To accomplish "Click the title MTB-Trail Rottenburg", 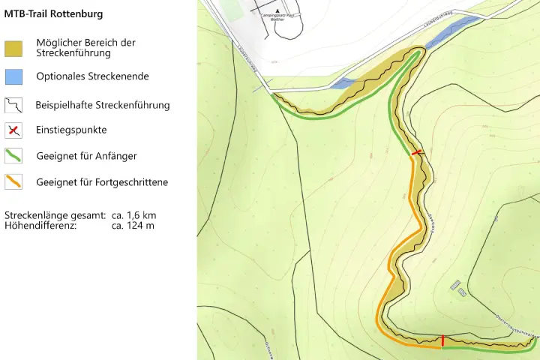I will pyautogui.click(x=54, y=14).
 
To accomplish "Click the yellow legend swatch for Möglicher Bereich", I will pyautogui.click(x=13, y=48).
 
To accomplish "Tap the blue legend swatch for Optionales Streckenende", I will pyautogui.click(x=13, y=76).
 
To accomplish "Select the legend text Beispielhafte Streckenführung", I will pyautogui.click(x=103, y=105).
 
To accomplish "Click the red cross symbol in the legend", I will pyautogui.click(x=13, y=130).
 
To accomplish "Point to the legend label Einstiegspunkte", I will pyautogui.click(x=71, y=130).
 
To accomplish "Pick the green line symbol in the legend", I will pyautogui.click(x=13, y=156).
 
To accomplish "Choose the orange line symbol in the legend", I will pyautogui.click(x=13, y=181).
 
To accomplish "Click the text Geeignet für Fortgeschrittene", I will pyautogui.click(x=102, y=182).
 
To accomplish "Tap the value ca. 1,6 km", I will pyautogui.click(x=133, y=215).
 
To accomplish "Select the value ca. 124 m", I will pyautogui.click(x=133, y=225).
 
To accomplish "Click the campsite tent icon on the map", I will pyautogui.click(x=277, y=10).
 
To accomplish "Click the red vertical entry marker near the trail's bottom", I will pyautogui.click(x=442, y=341).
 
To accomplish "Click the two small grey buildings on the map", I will pyautogui.click(x=457, y=287).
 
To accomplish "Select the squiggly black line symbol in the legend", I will pyautogui.click(x=13, y=105).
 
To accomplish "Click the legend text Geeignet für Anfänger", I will pyautogui.click(x=86, y=156).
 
